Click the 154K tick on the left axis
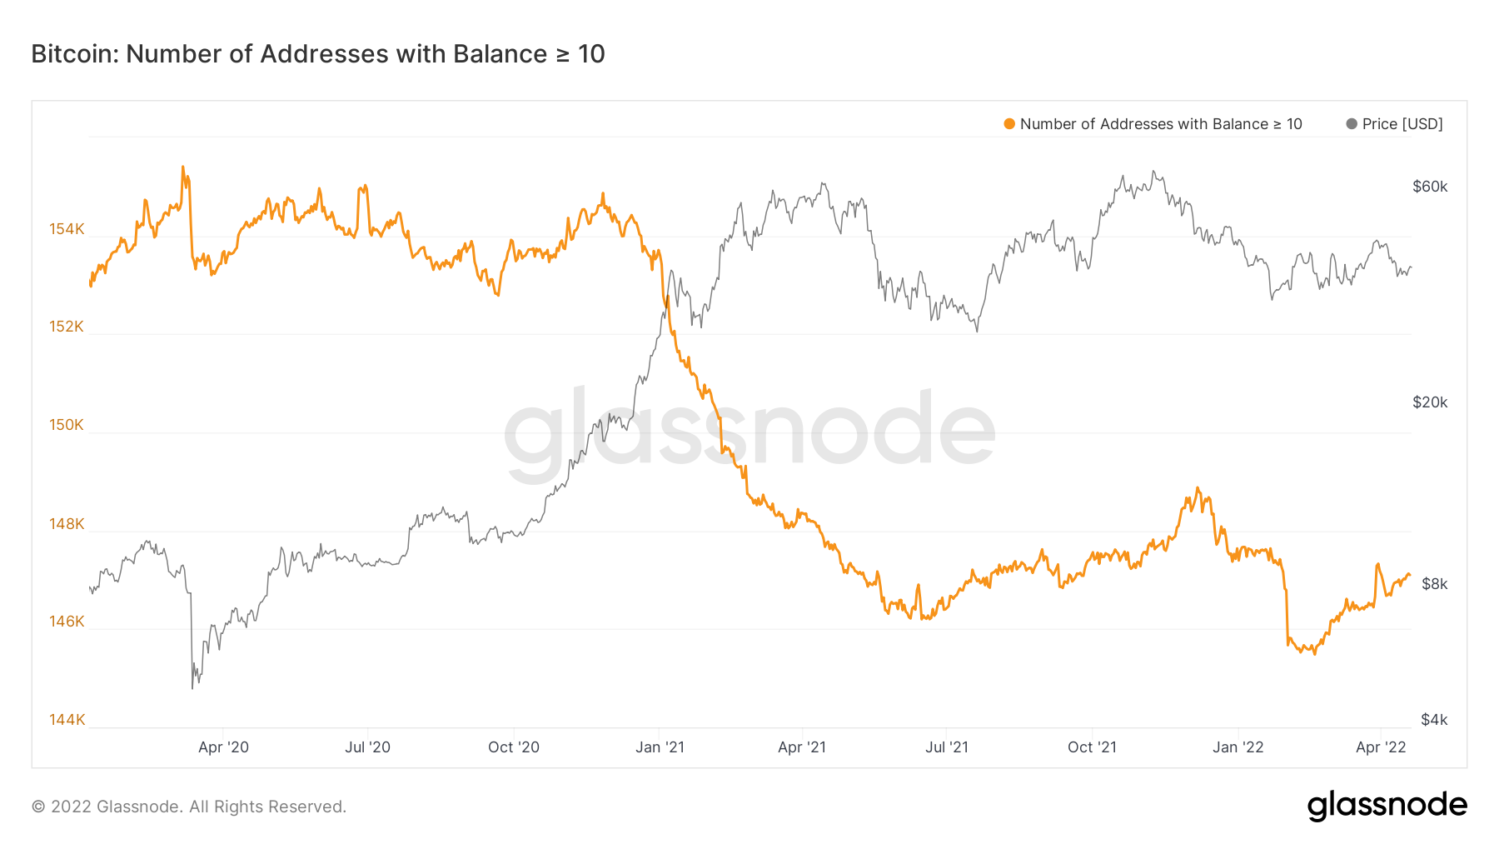(x=67, y=228)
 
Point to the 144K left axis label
(x=67, y=719)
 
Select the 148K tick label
(x=67, y=523)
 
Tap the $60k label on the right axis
(x=1430, y=187)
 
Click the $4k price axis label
(x=1434, y=719)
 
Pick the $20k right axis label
(x=1430, y=402)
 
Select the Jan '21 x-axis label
(x=660, y=747)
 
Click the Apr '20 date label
(x=223, y=747)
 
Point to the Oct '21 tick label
(x=1092, y=747)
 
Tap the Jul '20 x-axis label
(x=367, y=747)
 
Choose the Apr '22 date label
(x=1381, y=747)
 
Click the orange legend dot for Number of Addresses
(x=1009, y=124)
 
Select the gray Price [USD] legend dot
(x=1352, y=124)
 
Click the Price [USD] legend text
(x=1402, y=124)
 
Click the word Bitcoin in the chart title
(x=75, y=54)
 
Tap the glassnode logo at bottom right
(x=1387, y=806)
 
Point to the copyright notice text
(x=189, y=807)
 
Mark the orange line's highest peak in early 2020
(x=182, y=167)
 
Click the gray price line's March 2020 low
(x=192, y=687)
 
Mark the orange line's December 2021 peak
(x=1198, y=488)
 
